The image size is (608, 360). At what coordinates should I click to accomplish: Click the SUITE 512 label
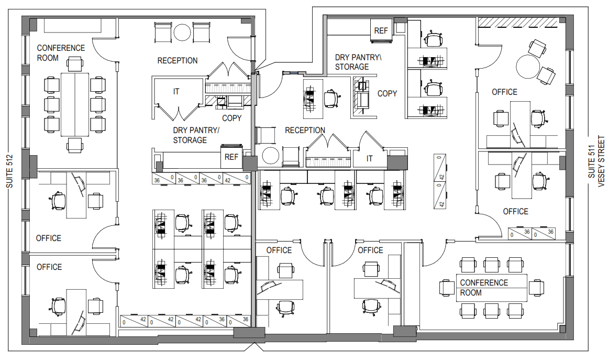[10, 171]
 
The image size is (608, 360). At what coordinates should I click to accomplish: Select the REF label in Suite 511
[381, 30]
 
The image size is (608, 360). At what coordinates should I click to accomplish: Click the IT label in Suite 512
[176, 92]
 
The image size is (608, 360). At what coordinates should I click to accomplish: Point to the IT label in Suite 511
[370, 158]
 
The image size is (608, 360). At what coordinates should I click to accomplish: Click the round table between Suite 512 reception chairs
[182, 32]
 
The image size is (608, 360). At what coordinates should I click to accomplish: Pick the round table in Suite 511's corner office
[528, 67]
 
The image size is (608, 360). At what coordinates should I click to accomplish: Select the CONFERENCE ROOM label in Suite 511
[484, 288]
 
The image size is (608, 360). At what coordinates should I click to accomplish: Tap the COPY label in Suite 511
[387, 93]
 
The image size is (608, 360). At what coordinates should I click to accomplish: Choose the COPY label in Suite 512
[231, 118]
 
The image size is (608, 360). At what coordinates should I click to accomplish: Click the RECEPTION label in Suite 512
[177, 60]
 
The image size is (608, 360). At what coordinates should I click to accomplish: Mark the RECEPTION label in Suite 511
[305, 130]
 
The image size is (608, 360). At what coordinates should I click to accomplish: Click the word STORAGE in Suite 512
[190, 140]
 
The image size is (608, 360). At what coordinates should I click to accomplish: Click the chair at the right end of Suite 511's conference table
[536, 288]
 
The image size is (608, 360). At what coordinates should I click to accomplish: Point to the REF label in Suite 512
[231, 157]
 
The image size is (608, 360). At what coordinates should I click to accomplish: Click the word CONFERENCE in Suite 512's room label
[61, 48]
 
